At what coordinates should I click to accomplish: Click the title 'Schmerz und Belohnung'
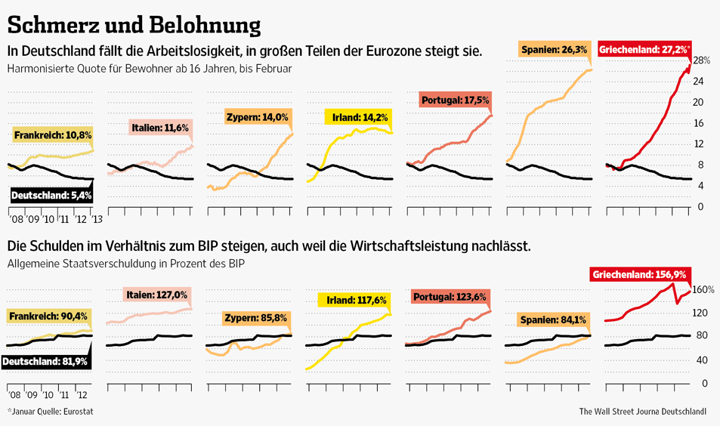[134, 24]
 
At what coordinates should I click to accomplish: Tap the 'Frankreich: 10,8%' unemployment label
[52, 135]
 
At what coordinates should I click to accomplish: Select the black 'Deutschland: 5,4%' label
[51, 195]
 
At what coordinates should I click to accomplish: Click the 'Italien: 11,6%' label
[159, 128]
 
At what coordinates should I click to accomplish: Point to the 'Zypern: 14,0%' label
[257, 117]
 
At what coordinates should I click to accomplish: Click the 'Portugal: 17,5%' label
[455, 100]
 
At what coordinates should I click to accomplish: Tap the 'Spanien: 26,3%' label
[554, 50]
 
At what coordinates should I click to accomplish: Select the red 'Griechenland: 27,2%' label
[644, 50]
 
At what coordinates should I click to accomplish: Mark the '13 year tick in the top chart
[97, 219]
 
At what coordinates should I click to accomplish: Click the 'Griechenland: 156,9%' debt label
[638, 274]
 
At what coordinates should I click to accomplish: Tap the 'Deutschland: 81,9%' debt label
[45, 362]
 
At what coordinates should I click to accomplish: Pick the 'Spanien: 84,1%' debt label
[555, 319]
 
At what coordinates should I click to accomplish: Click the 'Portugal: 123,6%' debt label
[450, 298]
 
